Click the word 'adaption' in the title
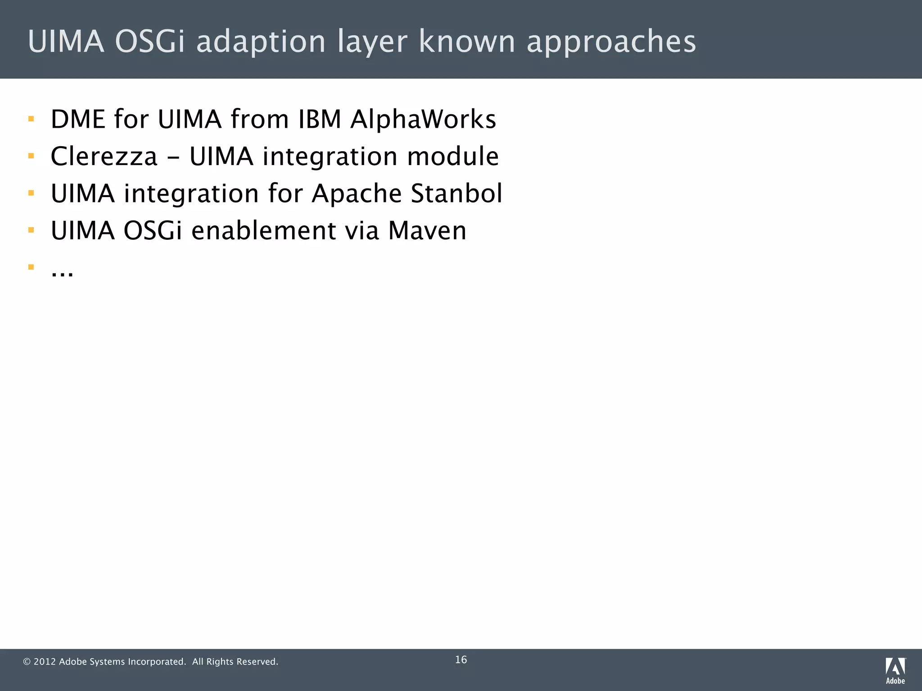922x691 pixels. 261,42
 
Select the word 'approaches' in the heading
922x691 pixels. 611,42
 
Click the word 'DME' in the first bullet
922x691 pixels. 78,120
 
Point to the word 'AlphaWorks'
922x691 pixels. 423,120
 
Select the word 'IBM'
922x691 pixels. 319,120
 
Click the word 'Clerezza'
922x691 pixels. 104,157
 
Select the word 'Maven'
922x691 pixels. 427,231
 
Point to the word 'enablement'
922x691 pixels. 263,231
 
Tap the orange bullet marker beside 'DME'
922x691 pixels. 31,119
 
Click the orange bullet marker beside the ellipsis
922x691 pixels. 31,267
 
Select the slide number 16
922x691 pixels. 461,660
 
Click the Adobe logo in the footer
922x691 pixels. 895,670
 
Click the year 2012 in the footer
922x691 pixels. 45,662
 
